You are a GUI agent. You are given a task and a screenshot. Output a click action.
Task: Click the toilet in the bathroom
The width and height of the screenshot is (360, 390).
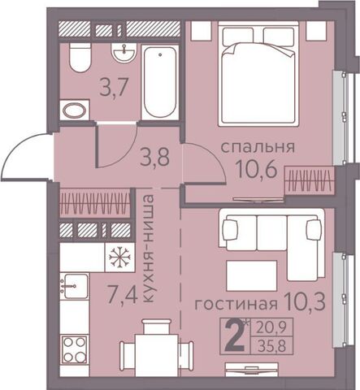coord(80,58)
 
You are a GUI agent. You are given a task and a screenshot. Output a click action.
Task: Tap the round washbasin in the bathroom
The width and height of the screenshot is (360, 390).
coord(124,53)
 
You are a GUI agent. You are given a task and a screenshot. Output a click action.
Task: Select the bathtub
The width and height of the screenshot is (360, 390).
coord(160,83)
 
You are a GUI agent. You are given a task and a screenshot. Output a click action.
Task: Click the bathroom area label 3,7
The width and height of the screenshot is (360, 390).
coord(113,87)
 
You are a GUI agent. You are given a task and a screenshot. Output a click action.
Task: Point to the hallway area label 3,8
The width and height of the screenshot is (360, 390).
coord(155,157)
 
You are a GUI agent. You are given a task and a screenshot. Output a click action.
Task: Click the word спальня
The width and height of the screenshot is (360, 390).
coord(258,147)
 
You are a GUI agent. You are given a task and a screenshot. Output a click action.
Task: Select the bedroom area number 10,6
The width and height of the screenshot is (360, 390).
coord(257,168)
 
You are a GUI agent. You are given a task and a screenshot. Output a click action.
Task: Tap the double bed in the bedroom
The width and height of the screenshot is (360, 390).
coord(258,74)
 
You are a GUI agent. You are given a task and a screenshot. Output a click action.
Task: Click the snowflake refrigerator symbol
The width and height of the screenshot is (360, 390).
coord(119,257)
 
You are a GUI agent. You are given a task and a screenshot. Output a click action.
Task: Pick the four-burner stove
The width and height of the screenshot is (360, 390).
coord(74,350)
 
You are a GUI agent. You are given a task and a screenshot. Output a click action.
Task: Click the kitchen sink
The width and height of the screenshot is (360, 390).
coord(74,286)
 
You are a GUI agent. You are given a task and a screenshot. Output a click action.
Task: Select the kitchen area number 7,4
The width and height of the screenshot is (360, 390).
coord(123,296)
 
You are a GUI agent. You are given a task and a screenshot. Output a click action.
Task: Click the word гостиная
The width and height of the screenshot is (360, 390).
coord(236,305)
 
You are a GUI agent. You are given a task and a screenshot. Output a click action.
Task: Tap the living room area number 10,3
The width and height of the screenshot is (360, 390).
coord(305,301)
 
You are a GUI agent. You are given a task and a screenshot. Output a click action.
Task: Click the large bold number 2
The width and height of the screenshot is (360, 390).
coord(235,336)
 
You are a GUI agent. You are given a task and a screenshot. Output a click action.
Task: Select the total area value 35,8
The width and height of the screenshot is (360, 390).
coord(272,346)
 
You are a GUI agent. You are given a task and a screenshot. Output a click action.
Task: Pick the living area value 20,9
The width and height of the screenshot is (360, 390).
coord(272,327)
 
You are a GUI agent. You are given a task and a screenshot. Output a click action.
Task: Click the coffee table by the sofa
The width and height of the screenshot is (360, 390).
coord(252,275)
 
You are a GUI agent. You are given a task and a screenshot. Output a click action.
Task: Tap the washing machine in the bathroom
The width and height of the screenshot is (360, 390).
coord(74,110)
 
